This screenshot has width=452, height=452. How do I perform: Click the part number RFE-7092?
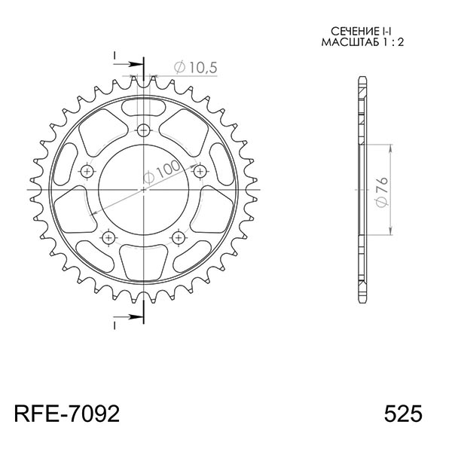66,414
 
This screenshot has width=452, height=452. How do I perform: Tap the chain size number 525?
403,414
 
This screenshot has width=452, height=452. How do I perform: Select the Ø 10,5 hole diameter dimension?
194,68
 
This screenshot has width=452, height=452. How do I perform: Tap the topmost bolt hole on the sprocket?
144,127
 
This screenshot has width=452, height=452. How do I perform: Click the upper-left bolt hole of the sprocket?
87,172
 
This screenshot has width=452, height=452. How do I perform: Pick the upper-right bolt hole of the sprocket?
200,172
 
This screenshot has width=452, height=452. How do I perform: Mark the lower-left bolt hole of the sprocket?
109,238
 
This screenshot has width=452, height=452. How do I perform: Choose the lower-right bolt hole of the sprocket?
179,238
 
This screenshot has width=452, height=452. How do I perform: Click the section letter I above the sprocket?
115,56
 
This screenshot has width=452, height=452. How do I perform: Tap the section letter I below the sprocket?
115,325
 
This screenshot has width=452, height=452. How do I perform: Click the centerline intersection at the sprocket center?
144,190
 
